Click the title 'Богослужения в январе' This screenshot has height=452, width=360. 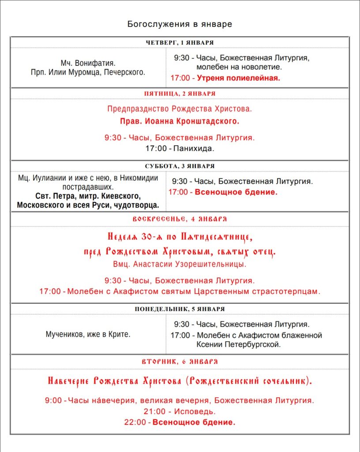tap(180, 24)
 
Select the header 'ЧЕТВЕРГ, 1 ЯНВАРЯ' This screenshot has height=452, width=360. tap(180, 42)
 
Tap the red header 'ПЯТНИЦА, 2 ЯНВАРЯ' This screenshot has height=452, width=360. tap(180, 94)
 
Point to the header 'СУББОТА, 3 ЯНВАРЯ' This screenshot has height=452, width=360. tap(180, 166)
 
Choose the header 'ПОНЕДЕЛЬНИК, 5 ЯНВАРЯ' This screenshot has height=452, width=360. tap(180, 309)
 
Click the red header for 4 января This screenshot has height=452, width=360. tap(180, 219)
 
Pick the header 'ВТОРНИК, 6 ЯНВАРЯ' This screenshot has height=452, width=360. tap(180, 361)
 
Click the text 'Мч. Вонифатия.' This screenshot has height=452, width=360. tap(88, 63)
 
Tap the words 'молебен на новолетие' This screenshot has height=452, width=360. tap(239, 68)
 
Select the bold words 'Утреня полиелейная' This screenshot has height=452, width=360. tap(238, 78)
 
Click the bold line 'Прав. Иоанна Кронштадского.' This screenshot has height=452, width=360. tap(180, 121)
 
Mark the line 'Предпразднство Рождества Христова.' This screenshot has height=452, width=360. tap(180, 109)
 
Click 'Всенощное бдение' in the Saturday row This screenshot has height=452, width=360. tap(236, 192)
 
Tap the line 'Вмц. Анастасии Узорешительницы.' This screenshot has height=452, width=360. tap(180, 265)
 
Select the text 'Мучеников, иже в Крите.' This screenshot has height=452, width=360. tap(88, 334)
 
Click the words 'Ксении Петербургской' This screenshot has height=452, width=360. tap(238, 344)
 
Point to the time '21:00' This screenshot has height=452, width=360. tap(154, 411)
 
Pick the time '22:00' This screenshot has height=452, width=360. tap(135, 422)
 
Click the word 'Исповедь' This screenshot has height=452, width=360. tap(194, 411)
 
